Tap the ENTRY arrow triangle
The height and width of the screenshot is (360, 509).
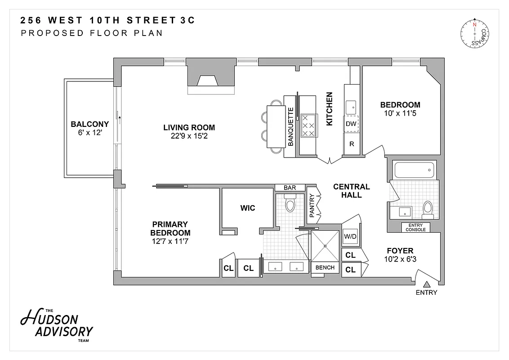[427, 284]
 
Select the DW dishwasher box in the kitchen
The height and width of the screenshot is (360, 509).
[351, 124]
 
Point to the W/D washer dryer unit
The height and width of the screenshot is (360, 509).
[350, 236]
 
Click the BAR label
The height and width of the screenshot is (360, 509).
[290, 188]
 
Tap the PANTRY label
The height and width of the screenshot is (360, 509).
[312, 205]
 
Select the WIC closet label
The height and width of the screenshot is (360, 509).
[247, 208]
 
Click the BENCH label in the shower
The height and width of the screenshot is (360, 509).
[325, 268]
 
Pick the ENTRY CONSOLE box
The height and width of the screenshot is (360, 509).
[415, 227]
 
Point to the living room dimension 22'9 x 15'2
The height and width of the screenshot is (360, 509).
[189, 135]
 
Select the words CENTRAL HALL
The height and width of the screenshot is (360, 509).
[351, 191]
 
